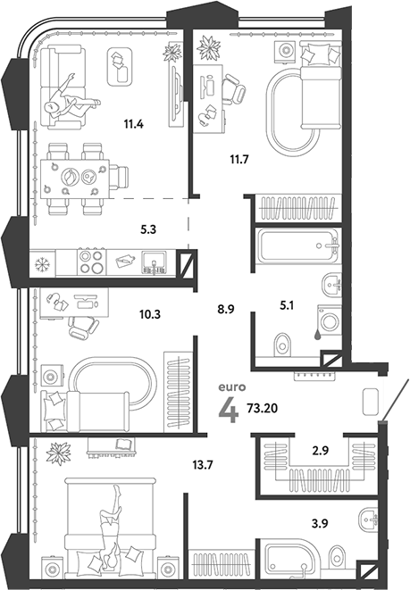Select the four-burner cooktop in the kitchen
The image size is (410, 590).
pos(89,262)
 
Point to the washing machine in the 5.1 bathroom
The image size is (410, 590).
pos(327,320)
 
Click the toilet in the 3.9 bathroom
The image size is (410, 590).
pos(338,556)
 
